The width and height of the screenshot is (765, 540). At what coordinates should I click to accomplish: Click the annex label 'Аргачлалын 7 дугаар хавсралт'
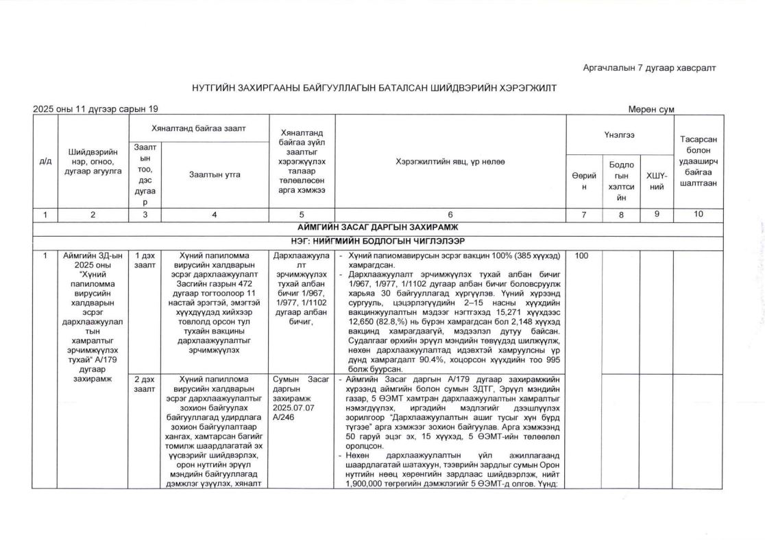click(x=649, y=67)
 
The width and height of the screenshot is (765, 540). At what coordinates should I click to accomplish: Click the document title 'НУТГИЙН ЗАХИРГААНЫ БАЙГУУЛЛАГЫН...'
click(x=374, y=88)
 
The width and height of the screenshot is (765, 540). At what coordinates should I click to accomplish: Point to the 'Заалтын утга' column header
click(x=215, y=175)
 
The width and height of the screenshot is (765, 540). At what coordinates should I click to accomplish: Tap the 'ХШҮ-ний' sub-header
click(x=657, y=180)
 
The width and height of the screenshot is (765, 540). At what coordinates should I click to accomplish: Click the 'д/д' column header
click(x=45, y=161)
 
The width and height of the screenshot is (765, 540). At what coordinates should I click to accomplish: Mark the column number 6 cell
click(x=450, y=215)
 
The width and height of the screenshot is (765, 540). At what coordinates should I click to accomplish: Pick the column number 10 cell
click(x=698, y=215)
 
